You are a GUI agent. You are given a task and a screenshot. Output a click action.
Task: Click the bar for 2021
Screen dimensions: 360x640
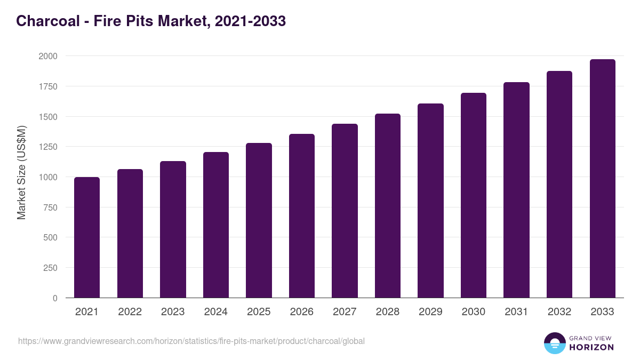click(87, 237)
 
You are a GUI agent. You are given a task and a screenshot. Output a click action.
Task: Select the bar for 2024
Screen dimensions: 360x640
click(216, 225)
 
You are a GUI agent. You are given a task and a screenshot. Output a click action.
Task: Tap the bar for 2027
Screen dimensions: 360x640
click(345, 211)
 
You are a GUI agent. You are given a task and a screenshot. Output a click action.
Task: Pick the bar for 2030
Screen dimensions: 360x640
click(474, 195)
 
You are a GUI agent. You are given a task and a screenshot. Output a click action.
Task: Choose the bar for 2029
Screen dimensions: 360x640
click(430, 201)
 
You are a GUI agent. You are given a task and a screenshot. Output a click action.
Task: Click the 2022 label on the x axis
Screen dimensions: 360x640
click(130, 312)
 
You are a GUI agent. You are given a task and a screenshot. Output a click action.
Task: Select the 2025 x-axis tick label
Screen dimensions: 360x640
click(259, 312)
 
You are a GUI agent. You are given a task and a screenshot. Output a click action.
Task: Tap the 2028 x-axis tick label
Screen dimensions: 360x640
click(388, 312)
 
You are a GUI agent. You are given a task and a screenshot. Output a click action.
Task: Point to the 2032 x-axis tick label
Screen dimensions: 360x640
click(559, 312)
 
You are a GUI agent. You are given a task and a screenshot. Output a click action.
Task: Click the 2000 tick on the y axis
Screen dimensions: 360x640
click(48, 56)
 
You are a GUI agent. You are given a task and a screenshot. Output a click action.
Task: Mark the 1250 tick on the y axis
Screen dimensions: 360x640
click(48, 147)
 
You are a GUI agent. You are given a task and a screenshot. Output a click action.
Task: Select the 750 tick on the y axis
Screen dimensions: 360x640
click(50, 207)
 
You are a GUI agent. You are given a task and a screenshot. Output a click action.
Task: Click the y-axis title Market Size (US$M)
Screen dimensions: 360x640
click(21, 172)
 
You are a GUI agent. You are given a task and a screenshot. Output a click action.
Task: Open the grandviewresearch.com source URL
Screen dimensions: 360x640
click(191, 341)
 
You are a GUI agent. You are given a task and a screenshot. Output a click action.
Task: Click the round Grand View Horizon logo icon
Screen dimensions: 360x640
click(555, 343)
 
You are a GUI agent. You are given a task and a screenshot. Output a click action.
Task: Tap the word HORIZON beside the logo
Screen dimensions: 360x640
click(591, 347)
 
